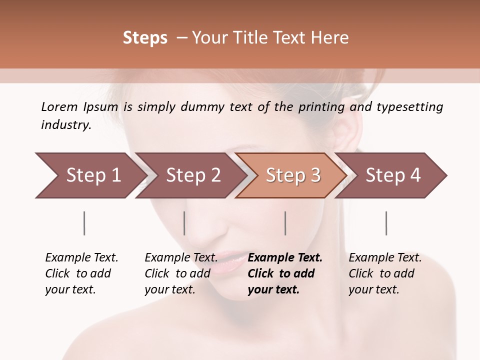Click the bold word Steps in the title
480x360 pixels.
click(x=145, y=38)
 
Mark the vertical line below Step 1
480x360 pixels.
click(x=84, y=223)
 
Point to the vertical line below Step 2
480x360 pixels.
click(x=184, y=223)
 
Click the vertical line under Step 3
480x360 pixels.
click(x=285, y=223)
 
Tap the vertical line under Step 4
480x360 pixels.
click(x=386, y=223)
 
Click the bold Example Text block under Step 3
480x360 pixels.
click(x=284, y=273)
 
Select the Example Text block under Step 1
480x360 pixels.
click(x=81, y=273)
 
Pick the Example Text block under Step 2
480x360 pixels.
click(x=181, y=273)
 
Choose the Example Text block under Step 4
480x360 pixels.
click(x=385, y=273)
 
